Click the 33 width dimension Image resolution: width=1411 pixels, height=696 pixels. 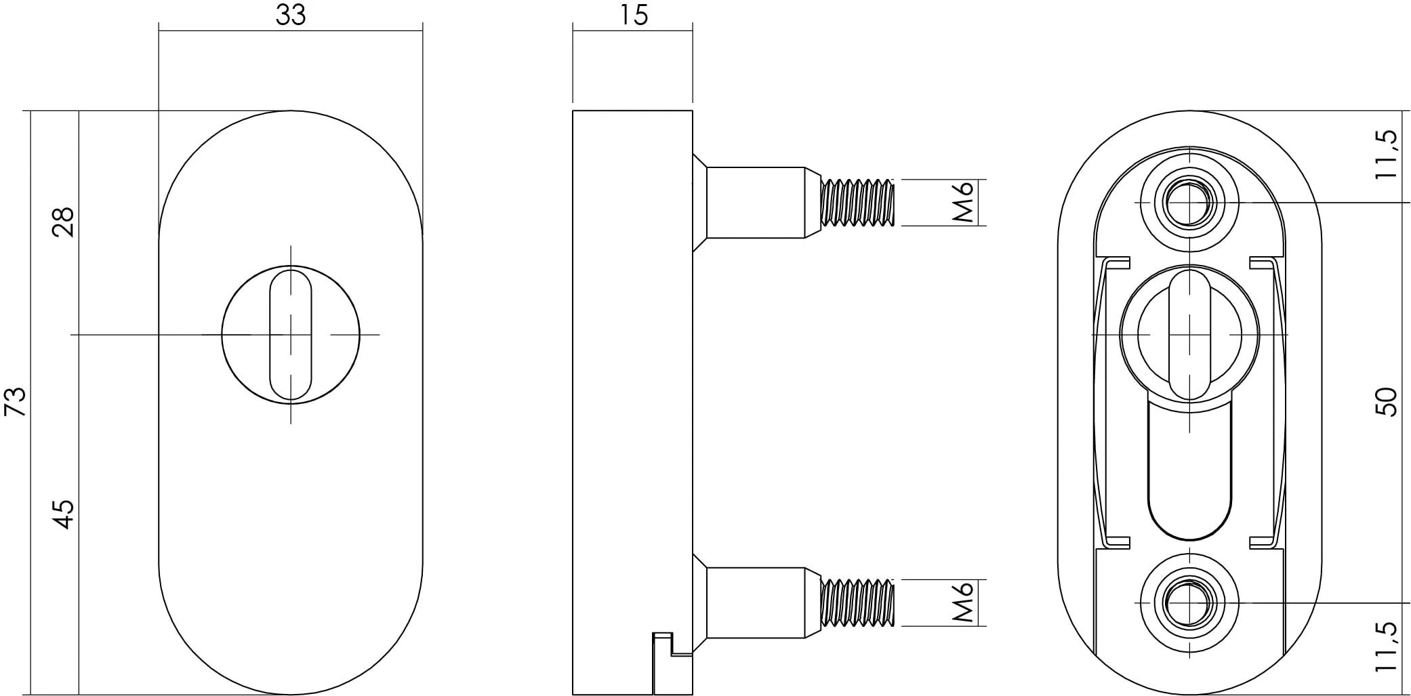click(291, 15)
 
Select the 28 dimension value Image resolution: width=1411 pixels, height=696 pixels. click(63, 221)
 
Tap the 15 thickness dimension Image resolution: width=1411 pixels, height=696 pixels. click(634, 15)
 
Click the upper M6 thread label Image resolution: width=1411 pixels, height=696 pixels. click(963, 202)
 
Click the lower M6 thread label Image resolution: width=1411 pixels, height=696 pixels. click(963, 602)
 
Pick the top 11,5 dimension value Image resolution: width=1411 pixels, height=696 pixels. click(1387, 155)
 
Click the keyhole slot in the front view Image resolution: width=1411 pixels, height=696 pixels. click(291, 335)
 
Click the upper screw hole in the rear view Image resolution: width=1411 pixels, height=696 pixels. click(1189, 202)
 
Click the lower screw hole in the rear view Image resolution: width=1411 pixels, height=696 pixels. click(1189, 602)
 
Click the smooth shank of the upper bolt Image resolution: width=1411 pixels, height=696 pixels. click(756, 202)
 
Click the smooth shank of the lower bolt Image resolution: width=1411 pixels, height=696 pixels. click(756, 602)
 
